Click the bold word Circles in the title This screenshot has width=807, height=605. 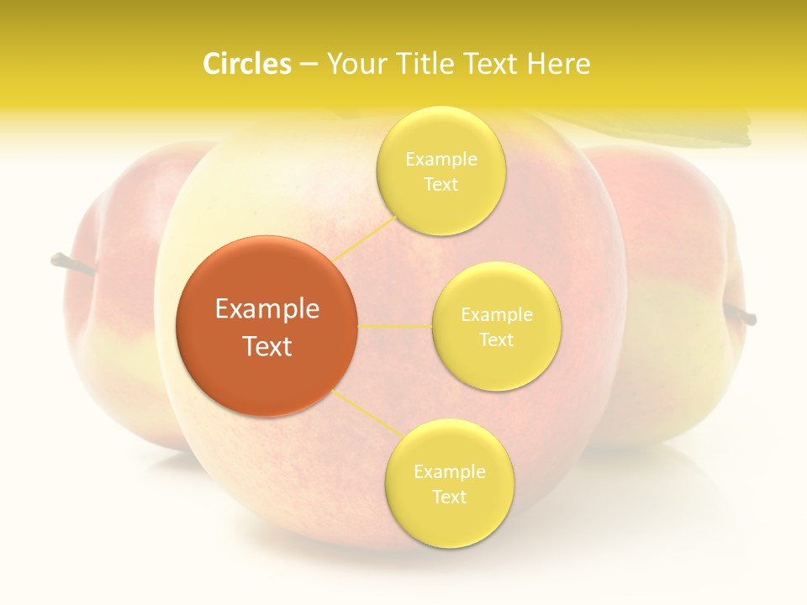pos(247,64)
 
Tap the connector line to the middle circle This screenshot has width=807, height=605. pos(394,326)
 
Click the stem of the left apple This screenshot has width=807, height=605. pos(72,264)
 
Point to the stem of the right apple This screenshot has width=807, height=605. pos(740,315)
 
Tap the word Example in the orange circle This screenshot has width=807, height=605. pos(267,309)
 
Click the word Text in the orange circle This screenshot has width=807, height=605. pos(267,346)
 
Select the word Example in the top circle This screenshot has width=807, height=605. pos(441,160)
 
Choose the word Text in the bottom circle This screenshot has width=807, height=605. pos(449,497)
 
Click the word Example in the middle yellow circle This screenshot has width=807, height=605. pos(497,315)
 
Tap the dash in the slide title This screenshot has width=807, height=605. pos(309,64)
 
